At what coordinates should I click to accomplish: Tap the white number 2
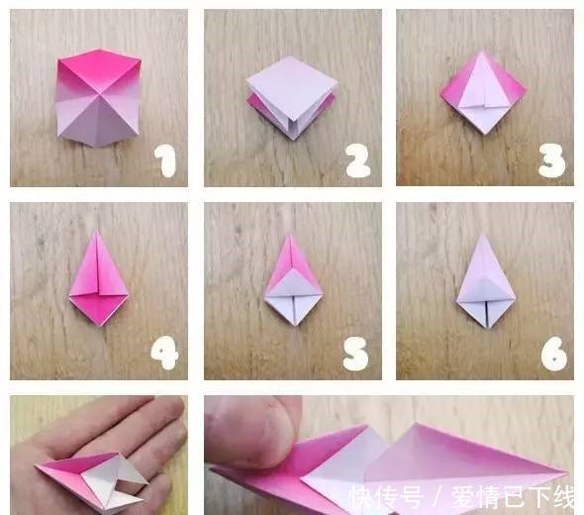(x=357, y=159)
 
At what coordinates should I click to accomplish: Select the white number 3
(x=551, y=159)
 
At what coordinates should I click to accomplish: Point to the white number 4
(x=164, y=353)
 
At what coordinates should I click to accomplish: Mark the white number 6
(x=552, y=353)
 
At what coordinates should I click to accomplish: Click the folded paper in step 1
(x=97, y=97)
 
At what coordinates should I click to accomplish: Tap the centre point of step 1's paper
(x=97, y=98)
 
